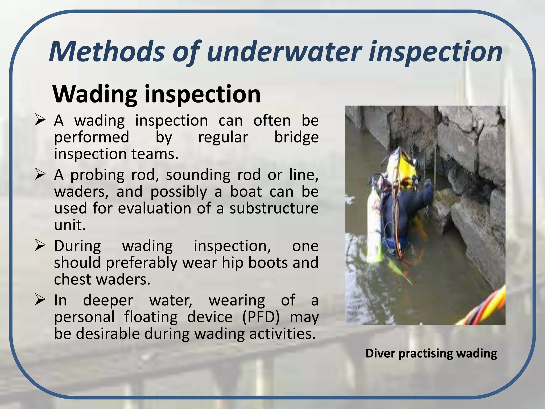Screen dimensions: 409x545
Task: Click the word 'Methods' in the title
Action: click(106, 51)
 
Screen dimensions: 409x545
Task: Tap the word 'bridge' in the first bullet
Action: click(296, 138)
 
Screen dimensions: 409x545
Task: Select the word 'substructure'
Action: click(274, 208)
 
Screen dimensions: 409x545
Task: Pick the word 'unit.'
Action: click(70, 225)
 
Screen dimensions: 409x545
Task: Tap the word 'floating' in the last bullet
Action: click(151, 317)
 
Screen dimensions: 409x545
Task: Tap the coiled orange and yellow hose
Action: click(484, 309)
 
